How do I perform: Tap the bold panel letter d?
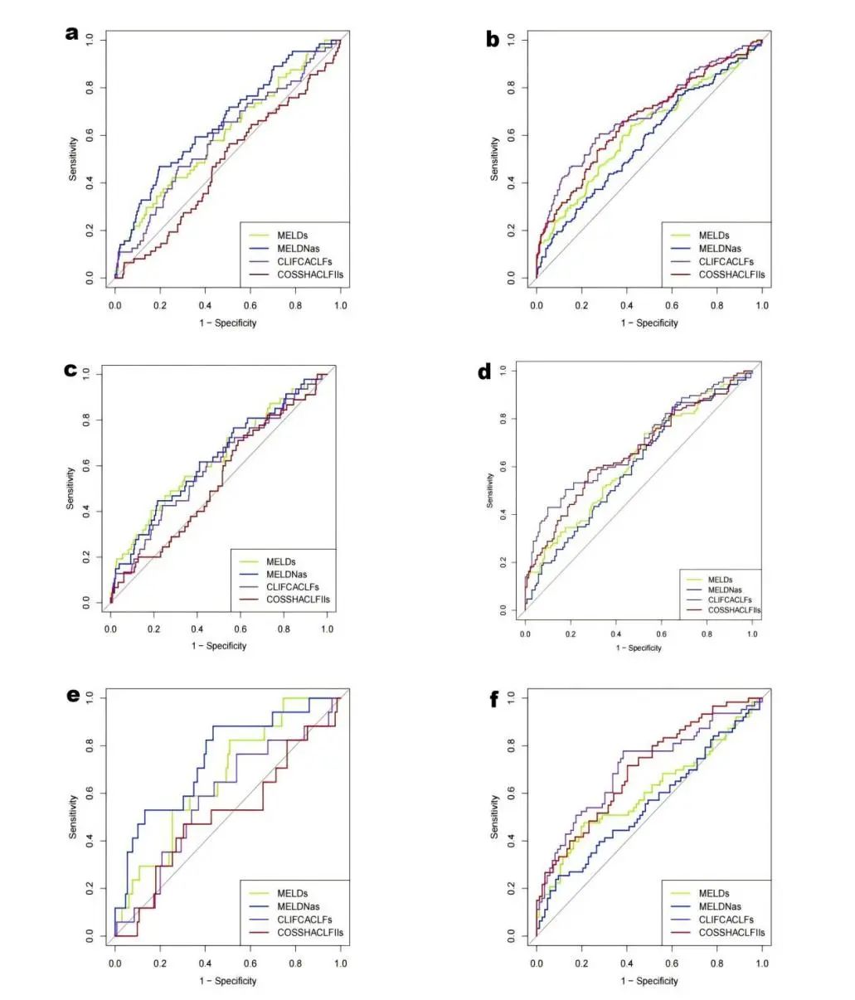coord(484,371)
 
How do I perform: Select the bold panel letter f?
coord(494,700)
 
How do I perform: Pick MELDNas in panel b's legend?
coord(720,249)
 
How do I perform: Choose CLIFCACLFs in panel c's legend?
coord(292,586)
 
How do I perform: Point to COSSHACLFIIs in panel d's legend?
coord(734,610)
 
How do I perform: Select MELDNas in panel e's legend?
coord(299,906)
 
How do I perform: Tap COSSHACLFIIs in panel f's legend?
coord(731,933)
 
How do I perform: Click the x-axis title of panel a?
coord(227,323)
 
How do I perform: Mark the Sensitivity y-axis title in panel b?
coord(494,158)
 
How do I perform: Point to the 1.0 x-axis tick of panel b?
coord(762,305)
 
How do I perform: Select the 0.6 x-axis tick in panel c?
coord(240,629)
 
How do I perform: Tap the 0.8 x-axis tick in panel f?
coord(717,964)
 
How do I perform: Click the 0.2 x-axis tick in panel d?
coord(571,633)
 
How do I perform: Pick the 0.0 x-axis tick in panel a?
coord(115,305)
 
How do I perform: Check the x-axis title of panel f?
coord(649,981)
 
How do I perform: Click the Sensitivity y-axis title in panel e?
coord(73,817)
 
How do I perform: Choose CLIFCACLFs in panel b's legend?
coord(726,262)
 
